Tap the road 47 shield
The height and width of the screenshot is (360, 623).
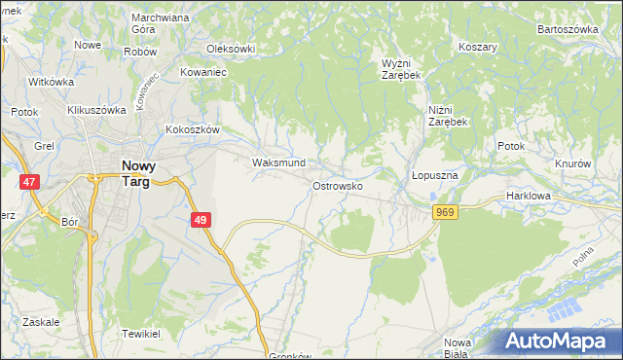(x=30, y=182)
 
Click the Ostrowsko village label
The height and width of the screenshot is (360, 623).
(x=338, y=185)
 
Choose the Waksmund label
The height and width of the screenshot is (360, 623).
(x=278, y=162)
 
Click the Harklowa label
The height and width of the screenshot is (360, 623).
(x=530, y=196)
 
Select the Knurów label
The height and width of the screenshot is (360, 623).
(x=572, y=163)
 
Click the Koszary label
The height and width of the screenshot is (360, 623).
(x=478, y=47)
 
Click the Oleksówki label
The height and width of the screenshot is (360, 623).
(x=231, y=49)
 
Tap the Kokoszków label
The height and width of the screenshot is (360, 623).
(x=194, y=129)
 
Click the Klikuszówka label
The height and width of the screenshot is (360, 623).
(x=97, y=110)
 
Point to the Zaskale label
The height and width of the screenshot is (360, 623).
(x=40, y=321)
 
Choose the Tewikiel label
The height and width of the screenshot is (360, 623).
(x=140, y=333)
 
